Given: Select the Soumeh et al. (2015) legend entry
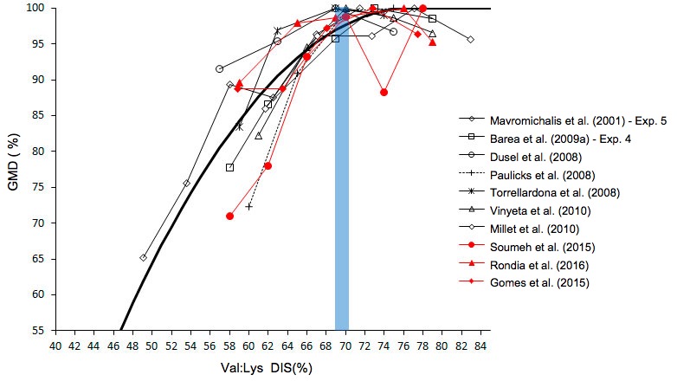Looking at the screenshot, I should pos(541,246).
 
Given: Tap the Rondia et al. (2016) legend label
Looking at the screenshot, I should pos(538,264).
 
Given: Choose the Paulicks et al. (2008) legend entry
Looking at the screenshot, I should pos(542,175).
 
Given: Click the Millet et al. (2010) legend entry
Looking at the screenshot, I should pos(537,229).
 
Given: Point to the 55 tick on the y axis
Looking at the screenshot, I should pos(38,330).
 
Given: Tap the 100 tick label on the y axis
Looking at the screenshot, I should pos(35,8).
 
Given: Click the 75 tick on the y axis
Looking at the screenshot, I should pos(38,187).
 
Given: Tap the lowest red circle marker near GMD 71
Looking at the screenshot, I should pos(229,216).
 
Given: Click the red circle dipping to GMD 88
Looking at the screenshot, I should pos(384,92).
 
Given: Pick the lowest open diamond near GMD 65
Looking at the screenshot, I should pos(143,257).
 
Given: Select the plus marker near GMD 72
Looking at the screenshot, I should pos(249,206).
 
